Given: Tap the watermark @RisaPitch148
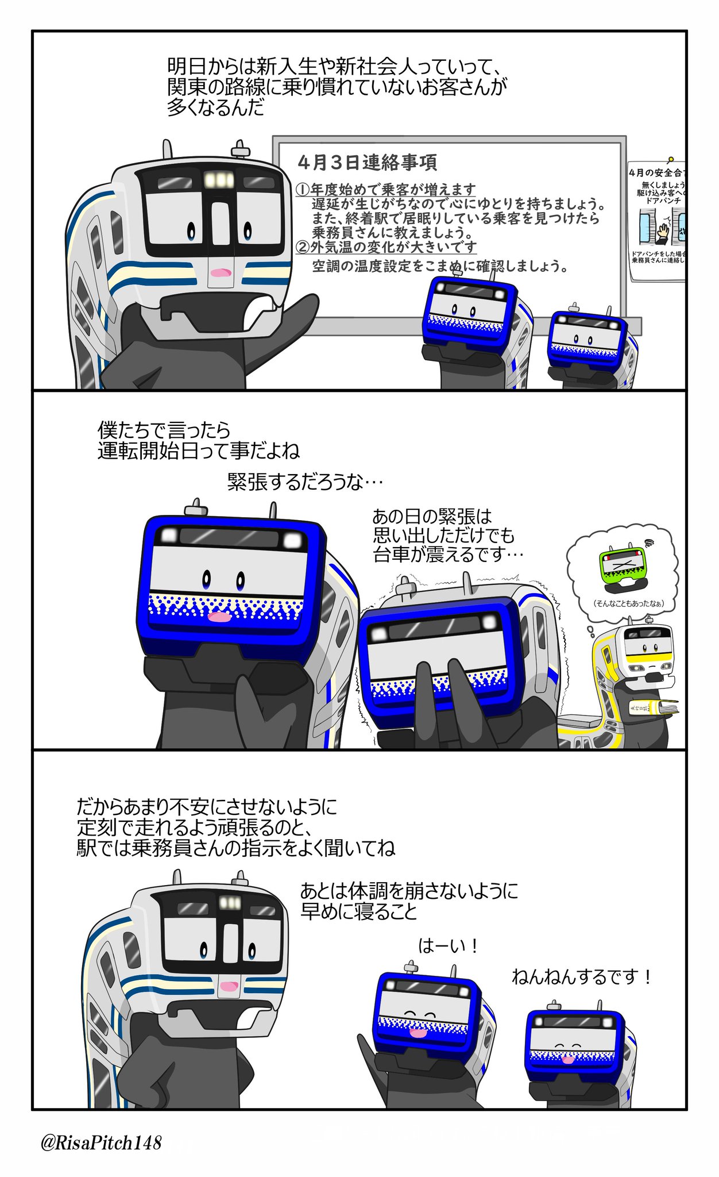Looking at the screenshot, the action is [101, 1143].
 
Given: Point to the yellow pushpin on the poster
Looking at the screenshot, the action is [670, 159].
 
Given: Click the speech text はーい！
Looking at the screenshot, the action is [448, 946].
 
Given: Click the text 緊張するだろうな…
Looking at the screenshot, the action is [305, 482].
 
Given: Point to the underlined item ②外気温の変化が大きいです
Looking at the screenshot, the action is [386, 247].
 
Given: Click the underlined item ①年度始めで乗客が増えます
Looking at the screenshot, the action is [386, 189].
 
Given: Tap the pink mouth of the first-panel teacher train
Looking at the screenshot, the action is [220, 272].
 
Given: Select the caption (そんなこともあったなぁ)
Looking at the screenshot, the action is [628, 603].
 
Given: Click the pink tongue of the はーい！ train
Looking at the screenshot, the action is [418, 1033].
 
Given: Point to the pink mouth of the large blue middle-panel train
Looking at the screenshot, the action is [219, 617].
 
